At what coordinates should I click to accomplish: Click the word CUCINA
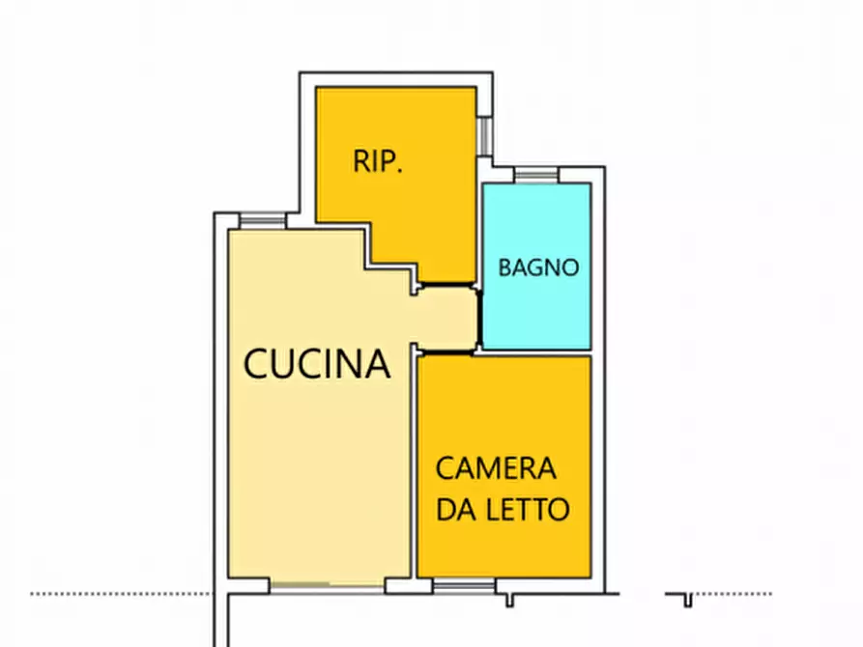click(317, 364)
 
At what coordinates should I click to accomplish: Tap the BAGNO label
click(538, 267)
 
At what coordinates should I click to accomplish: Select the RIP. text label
click(377, 161)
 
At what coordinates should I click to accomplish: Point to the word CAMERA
click(496, 469)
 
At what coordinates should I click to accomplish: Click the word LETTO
click(528, 509)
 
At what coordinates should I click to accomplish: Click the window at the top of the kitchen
click(262, 220)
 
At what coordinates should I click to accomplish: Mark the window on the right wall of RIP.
click(484, 134)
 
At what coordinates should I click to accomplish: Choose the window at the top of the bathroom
click(535, 175)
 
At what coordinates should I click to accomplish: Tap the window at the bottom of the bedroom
click(463, 585)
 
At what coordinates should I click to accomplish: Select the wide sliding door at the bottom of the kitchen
click(327, 585)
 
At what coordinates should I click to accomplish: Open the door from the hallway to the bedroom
click(445, 352)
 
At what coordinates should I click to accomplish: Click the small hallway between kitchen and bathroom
click(446, 318)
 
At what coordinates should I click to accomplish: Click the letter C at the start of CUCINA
click(257, 364)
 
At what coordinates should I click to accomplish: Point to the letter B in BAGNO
click(505, 267)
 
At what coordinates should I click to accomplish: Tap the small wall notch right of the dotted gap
click(687, 600)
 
